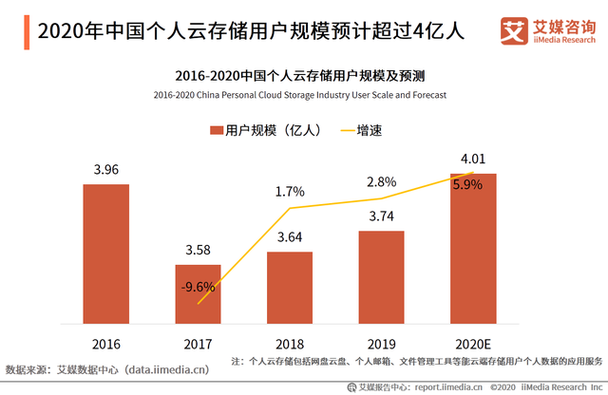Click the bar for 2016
[105, 253]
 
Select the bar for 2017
[198, 292]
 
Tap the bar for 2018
[290, 287]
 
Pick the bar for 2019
[381, 276]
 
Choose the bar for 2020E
[473, 248]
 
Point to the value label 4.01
[473, 159]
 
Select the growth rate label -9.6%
[198, 287]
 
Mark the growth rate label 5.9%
[467, 185]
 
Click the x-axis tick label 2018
[290, 342]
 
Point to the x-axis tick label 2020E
[473, 342]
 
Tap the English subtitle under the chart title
[298, 95]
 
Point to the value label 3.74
[381, 216]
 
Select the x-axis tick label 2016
[105, 342]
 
